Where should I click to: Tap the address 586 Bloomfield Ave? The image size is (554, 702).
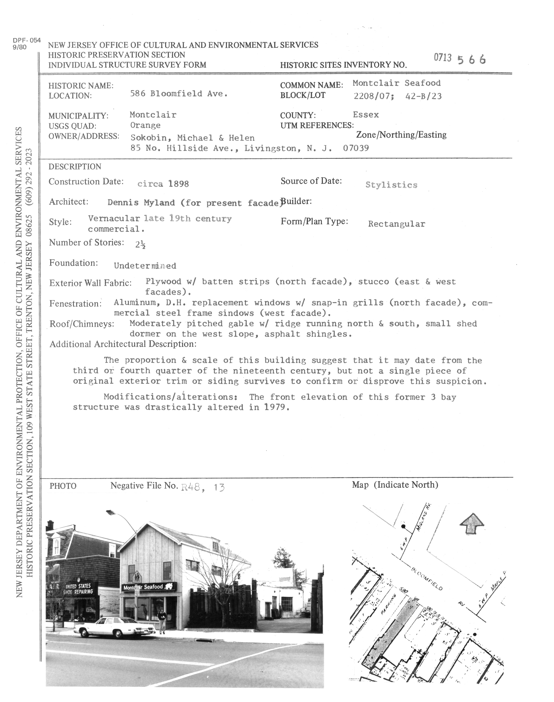[179, 94]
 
